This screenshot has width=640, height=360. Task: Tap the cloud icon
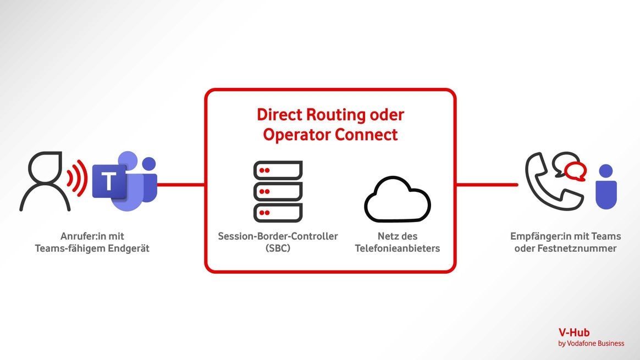pyautogui.click(x=397, y=199)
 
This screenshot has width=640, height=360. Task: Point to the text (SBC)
pyautogui.click(x=278, y=248)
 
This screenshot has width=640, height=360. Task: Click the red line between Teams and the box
pyautogui.click(x=181, y=185)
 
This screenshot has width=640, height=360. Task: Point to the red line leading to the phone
pyautogui.click(x=487, y=185)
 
